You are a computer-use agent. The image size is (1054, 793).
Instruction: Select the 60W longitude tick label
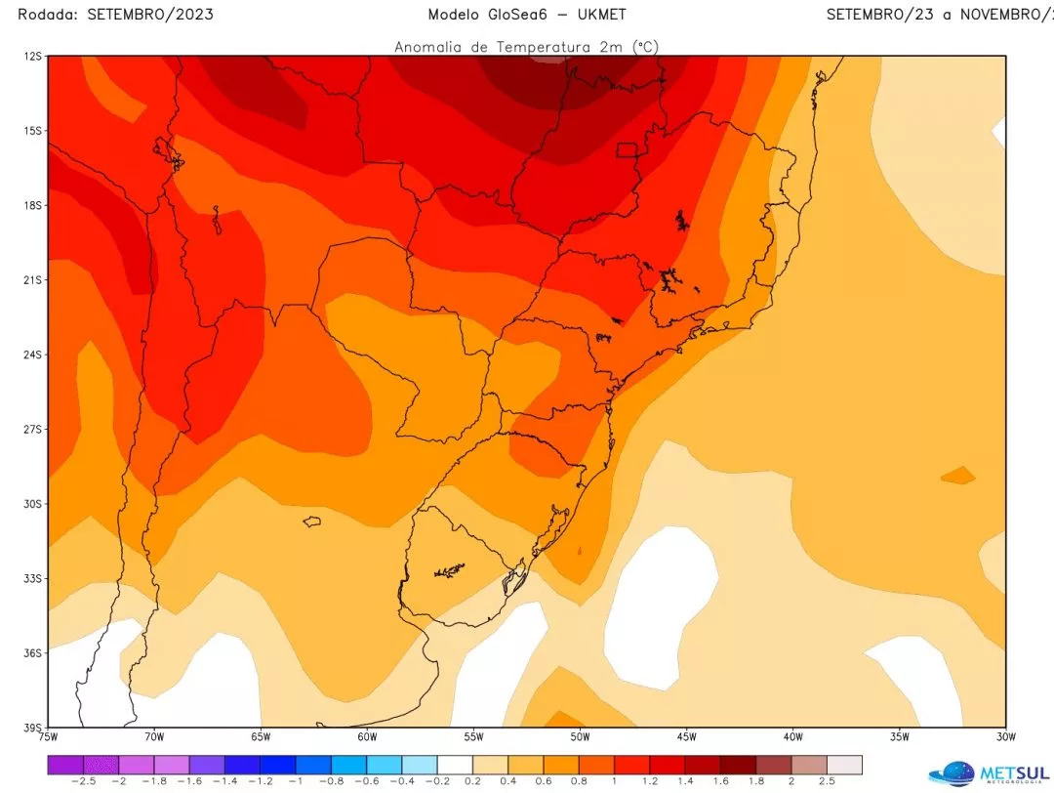[367, 736]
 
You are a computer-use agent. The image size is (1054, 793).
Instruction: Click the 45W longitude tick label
[686, 736]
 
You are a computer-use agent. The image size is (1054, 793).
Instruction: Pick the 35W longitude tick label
[899, 736]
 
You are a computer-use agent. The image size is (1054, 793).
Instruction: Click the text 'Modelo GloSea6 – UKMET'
[527, 15]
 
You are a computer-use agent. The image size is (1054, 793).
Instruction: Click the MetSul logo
[986, 772]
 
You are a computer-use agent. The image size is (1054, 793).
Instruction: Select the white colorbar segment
[454, 765]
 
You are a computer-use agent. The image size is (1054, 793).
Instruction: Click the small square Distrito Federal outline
[627, 149]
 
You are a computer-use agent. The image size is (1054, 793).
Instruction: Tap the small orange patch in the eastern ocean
[958, 476]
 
